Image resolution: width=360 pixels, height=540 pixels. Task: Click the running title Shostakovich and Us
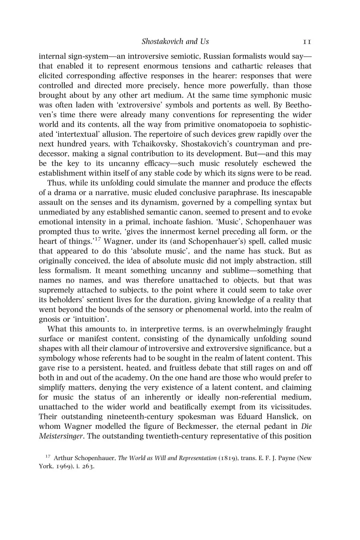pyautogui.click(x=175, y=42)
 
